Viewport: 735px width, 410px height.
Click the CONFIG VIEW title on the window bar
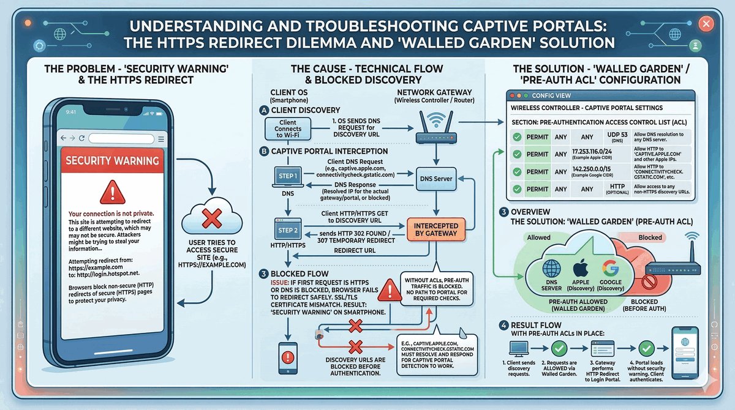click(549, 95)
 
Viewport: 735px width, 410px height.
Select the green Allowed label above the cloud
click(539, 237)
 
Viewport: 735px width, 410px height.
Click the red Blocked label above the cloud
click(649, 237)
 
